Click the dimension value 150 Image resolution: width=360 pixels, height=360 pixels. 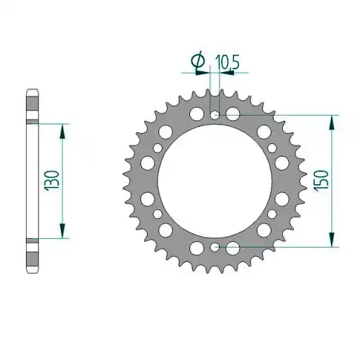coord(322,181)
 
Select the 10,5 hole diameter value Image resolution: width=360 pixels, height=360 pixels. coord(228,62)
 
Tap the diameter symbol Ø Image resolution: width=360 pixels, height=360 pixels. coord(198,61)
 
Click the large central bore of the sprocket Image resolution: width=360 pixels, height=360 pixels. coord(215,181)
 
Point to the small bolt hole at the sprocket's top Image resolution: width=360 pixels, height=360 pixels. coord(215,114)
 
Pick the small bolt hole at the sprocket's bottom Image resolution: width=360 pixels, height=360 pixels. coord(215,247)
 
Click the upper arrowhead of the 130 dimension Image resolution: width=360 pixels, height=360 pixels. coord(62,131)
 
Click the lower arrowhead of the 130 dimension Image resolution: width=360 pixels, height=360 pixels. coord(62,231)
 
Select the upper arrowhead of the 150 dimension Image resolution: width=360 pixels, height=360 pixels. coord(332,122)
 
